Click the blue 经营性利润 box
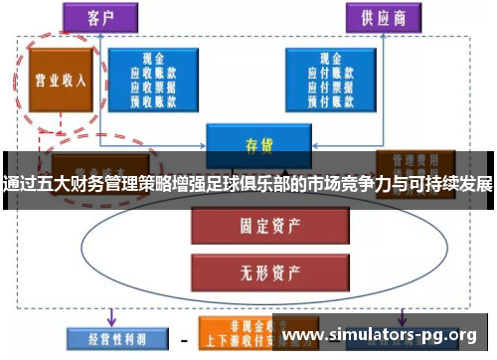tap(108, 338)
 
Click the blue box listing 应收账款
tap(153, 79)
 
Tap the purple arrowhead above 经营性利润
tap(110, 320)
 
